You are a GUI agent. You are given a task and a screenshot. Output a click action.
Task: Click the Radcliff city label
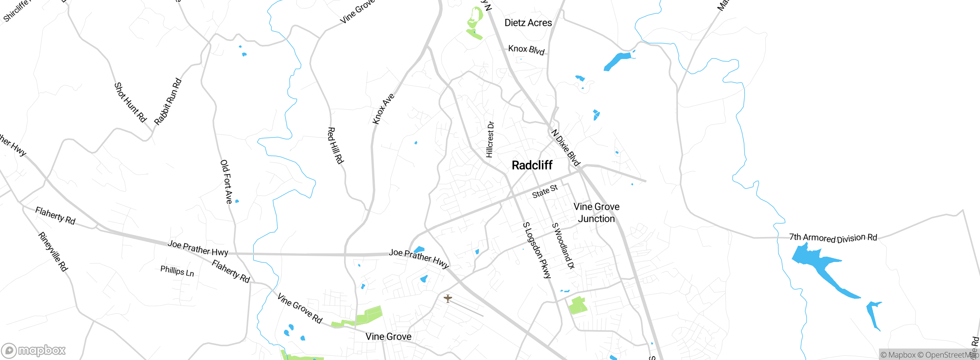pos(532,165)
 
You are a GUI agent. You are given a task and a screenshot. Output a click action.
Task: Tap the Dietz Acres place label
pos(528,23)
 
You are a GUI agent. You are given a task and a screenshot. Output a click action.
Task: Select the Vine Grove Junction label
pos(596,213)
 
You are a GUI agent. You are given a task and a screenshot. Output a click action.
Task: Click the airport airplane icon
pos(448,298)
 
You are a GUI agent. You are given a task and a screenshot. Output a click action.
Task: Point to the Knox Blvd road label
pos(526,50)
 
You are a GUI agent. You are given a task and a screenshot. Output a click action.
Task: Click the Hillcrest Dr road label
pos(490,139)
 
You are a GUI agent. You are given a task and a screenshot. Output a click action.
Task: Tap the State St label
pos(545,191)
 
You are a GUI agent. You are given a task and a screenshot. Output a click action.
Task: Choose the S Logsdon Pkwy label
pos(537,250)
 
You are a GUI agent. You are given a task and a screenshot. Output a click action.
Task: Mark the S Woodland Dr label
pos(563,246)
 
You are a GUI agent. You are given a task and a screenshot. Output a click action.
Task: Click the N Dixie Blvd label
pos(566,147)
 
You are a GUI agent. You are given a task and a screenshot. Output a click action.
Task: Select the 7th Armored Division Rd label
pos(833,238)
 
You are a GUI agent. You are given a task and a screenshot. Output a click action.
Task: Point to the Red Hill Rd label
pos(335,146)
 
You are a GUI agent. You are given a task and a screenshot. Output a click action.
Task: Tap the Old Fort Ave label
pos(226,182)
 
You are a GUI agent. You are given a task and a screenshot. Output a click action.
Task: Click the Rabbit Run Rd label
pos(168,102)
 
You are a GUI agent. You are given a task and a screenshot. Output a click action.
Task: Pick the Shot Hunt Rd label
pos(131,102)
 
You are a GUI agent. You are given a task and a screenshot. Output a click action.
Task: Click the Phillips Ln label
pos(177,271)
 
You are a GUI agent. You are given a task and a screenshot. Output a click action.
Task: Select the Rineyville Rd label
pos(53,252)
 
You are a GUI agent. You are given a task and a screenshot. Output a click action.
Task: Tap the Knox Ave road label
pos(383,109)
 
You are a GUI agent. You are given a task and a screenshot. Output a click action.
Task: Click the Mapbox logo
pos(33,350)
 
